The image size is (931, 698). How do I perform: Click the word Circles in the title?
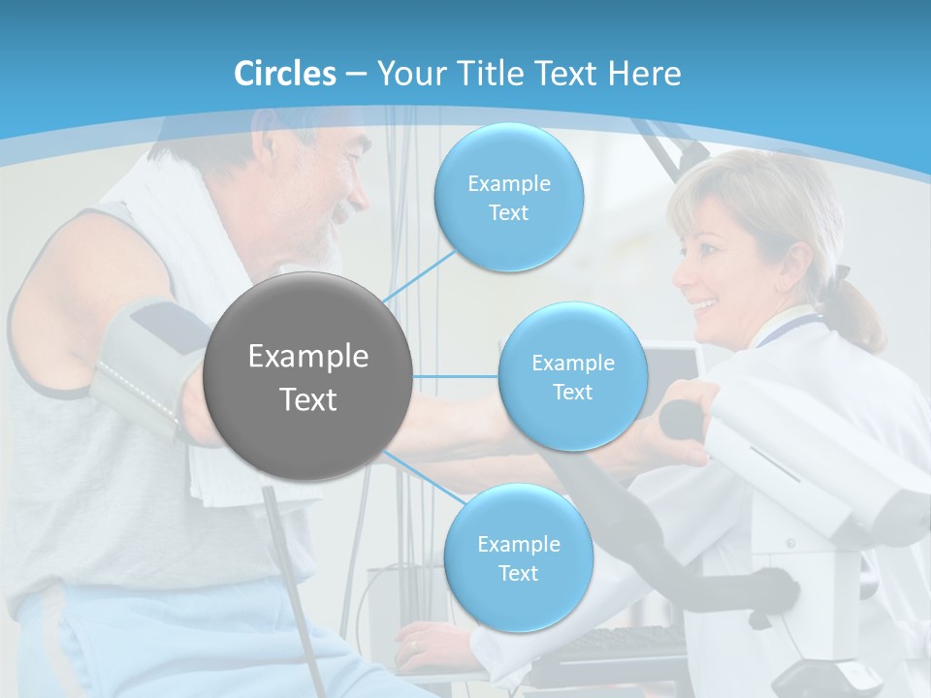coord(285,74)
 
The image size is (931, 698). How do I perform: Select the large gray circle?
coord(307,376)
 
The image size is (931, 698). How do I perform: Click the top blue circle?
coord(508,198)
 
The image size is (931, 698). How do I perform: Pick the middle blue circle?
coord(572,377)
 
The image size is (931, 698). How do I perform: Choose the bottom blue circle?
coord(518,558)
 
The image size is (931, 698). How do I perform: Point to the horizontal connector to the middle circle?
coord(455,376)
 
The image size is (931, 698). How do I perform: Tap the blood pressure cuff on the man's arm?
coord(145,359)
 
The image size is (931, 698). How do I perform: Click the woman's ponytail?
coord(858,310)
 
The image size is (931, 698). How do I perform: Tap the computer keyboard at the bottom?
coord(621,645)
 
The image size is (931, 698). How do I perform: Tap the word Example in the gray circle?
coord(307,357)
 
